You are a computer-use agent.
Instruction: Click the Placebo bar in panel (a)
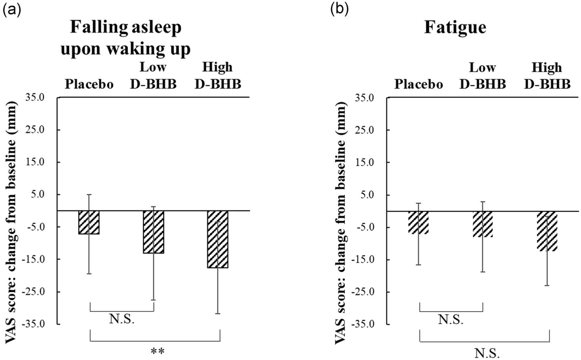tap(89, 222)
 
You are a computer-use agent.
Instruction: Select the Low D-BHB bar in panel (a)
tap(153, 232)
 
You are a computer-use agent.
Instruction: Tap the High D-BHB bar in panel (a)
tap(218, 239)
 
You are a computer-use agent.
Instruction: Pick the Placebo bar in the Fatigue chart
tap(418, 222)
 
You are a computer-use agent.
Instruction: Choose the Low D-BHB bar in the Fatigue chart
tap(483, 224)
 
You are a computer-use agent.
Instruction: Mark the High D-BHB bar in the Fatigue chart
tap(547, 231)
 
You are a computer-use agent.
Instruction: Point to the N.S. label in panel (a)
tap(121, 320)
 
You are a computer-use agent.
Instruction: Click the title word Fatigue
tap(455, 28)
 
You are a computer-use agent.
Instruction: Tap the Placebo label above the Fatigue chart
tap(418, 84)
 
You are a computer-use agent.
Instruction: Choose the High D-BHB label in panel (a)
tap(217, 75)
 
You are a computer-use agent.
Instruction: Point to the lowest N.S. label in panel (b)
tap(487, 354)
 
